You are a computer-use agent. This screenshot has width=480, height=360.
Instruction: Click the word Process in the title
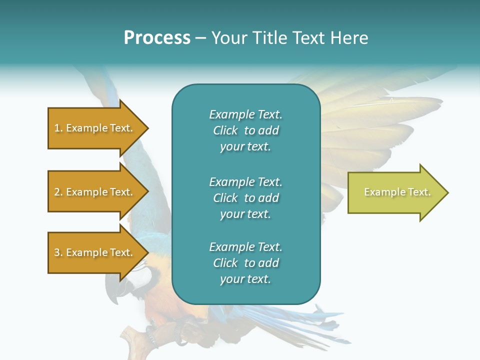pyautogui.click(x=157, y=38)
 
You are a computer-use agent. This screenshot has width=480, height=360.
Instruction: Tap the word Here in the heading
pyautogui.click(x=348, y=38)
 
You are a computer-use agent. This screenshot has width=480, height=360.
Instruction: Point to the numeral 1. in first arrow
pyautogui.click(x=58, y=128)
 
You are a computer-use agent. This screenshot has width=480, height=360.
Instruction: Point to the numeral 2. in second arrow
pyautogui.click(x=58, y=192)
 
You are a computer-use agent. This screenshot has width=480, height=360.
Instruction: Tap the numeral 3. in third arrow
pyautogui.click(x=58, y=252)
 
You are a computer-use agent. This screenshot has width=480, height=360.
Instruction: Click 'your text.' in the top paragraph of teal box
pyautogui.click(x=245, y=147)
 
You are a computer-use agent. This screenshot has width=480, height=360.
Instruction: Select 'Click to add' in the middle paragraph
pyautogui.click(x=245, y=198)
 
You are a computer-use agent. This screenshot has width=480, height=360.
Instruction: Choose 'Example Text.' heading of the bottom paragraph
pyautogui.click(x=245, y=247)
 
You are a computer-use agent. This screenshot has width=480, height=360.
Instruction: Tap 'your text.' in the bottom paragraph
pyautogui.click(x=245, y=279)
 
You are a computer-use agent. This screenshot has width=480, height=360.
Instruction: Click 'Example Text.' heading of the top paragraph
pyautogui.click(x=245, y=114)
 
